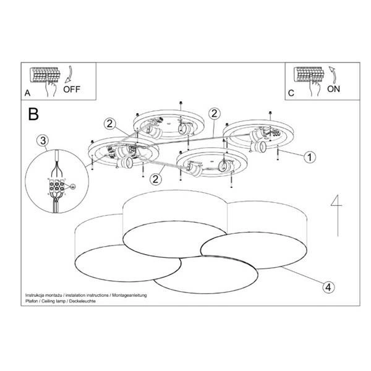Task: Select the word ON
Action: [333, 88]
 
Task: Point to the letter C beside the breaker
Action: [291, 94]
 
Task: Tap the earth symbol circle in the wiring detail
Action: [73, 186]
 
